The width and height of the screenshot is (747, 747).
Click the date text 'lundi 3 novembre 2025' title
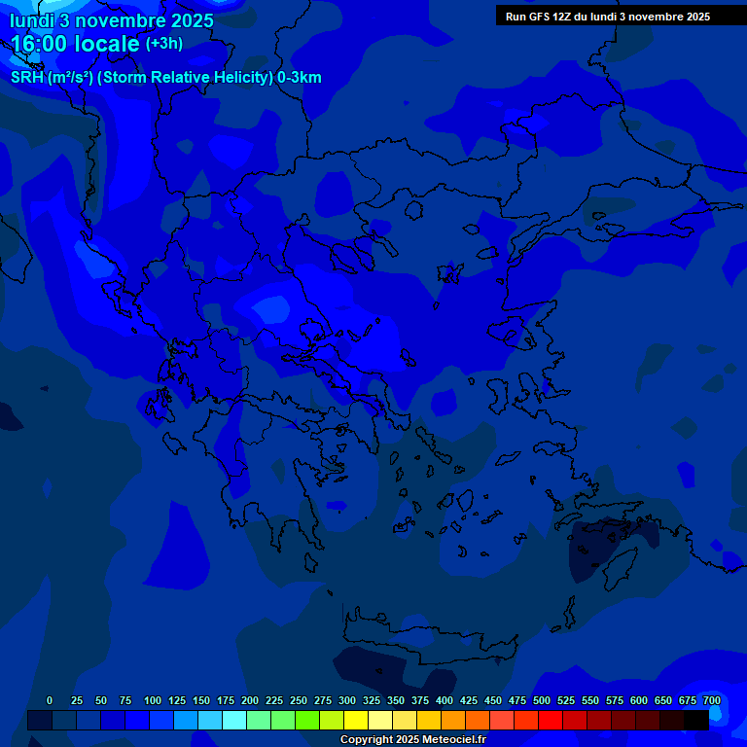[112, 20]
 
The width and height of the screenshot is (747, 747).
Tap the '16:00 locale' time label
[76, 44]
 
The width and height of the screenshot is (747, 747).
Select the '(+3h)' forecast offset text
[163, 44]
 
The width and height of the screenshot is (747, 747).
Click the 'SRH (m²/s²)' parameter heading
[52, 78]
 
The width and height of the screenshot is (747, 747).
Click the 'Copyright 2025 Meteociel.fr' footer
[412, 739]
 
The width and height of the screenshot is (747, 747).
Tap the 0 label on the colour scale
[50, 700]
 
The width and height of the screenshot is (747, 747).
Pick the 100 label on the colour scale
[153, 700]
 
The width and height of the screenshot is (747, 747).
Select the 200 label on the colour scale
[250, 700]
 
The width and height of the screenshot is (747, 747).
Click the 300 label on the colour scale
[347, 700]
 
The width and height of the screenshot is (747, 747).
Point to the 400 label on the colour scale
[445, 700]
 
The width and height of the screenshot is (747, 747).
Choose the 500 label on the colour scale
[542, 700]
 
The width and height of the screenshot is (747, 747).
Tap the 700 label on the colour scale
[712, 700]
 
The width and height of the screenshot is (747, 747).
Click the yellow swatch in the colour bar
[355, 720]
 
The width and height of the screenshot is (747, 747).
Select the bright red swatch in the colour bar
[550, 720]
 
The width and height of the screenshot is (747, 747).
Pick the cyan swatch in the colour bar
[233, 720]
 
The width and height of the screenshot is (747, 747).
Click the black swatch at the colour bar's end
[695, 720]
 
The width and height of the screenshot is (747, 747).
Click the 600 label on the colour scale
[639, 700]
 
